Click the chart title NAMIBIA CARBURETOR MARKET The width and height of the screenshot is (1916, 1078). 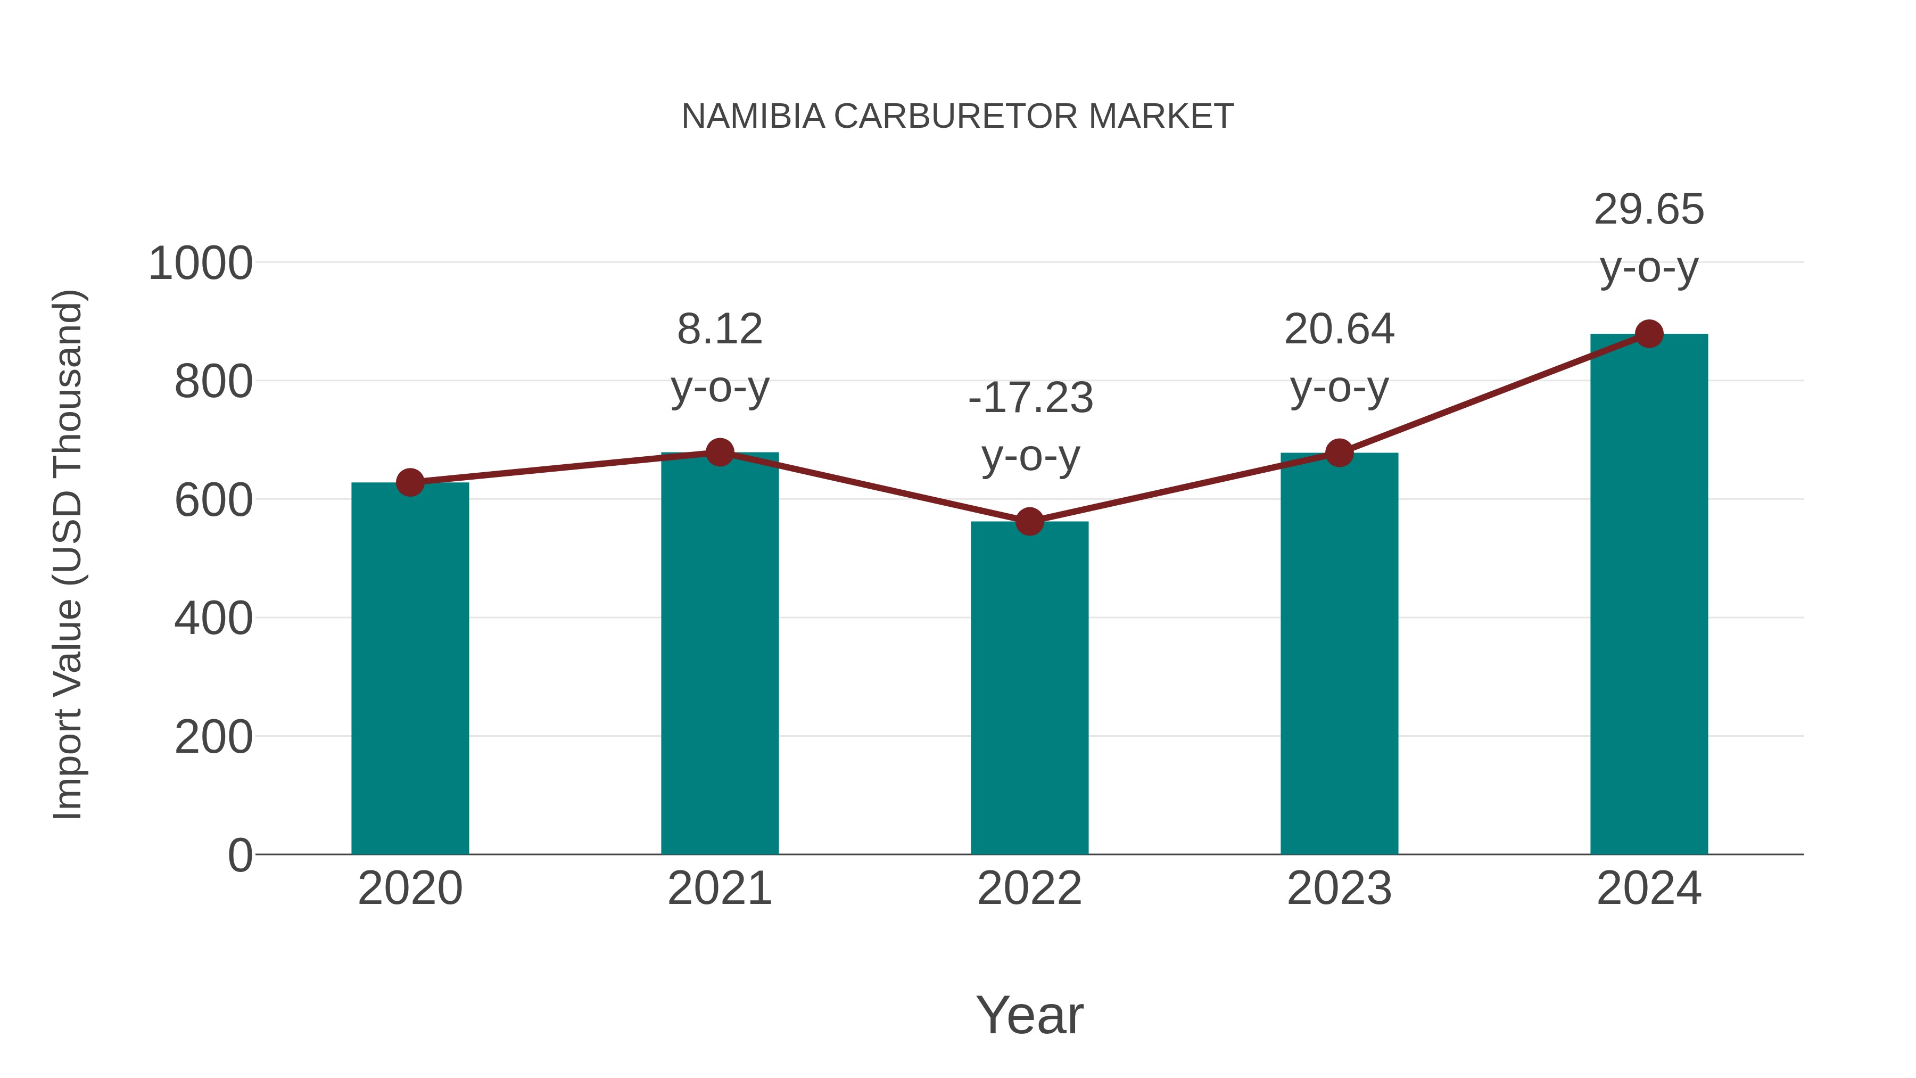click(x=957, y=117)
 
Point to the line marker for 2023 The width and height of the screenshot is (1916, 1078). click(x=1339, y=452)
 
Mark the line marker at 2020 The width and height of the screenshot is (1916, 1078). click(x=410, y=482)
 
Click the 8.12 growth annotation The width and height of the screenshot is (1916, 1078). click(x=719, y=329)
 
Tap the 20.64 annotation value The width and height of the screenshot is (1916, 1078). click(x=1339, y=329)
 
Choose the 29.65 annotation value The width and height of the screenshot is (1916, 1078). click(x=1649, y=209)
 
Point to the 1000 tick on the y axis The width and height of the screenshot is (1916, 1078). click(x=201, y=264)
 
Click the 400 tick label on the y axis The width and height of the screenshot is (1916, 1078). click(x=213, y=618)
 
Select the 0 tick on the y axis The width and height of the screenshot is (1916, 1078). click(x=240, y=855)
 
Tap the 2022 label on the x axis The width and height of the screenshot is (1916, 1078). click(x=1029, y=888)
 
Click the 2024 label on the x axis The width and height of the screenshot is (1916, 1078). click(x=1649, y=888)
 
